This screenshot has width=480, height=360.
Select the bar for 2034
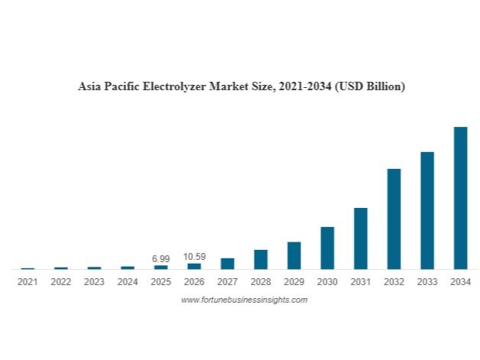(x=460, y=198)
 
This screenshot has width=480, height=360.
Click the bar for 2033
(x=427, y=210)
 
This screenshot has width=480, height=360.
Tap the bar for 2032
(x=394, y=219)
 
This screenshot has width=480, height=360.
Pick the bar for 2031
(x=361, y=238)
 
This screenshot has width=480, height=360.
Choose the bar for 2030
(x=327, y=248)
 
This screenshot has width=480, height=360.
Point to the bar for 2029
(x=294, y=255)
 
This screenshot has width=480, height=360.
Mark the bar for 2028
(x=261, y=259)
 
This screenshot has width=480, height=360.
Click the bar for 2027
(x=228, y=264)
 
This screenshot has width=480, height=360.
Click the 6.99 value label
(x=161, y=259)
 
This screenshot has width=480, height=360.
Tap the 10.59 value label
(x=194, y=257)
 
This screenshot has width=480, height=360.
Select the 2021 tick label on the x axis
(x=28, y=282)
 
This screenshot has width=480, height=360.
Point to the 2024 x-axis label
(x=128, y=282)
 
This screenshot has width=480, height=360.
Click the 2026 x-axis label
(x=194, y=282)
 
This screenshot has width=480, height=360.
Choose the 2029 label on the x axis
(x=294, y=282)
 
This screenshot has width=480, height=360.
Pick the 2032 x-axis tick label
(x=394, y=282)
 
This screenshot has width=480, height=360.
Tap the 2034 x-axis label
(x=460, y=282)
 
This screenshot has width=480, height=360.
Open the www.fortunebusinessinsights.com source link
(x=244, y=300)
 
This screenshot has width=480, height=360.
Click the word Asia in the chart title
(x=89, y=86)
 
